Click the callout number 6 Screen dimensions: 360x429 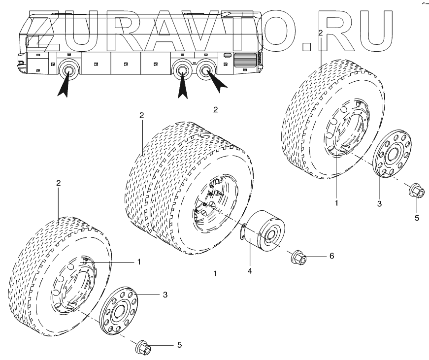click(x=332, y=257)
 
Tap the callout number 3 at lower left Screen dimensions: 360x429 click(x=165, y=295)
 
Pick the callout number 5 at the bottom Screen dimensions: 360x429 click(x=179, y=345)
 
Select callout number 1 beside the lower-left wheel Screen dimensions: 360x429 click(x=139, y=262)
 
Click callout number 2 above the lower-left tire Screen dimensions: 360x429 click(x=58, y=183)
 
